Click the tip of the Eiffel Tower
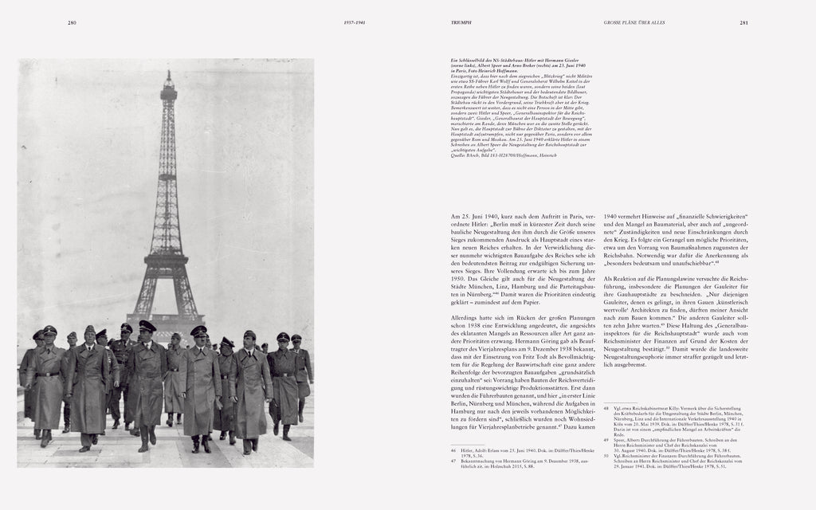[168, 73]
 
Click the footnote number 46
[453, 449]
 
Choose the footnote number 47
[453, 460]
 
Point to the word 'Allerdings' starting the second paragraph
[465, 339]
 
